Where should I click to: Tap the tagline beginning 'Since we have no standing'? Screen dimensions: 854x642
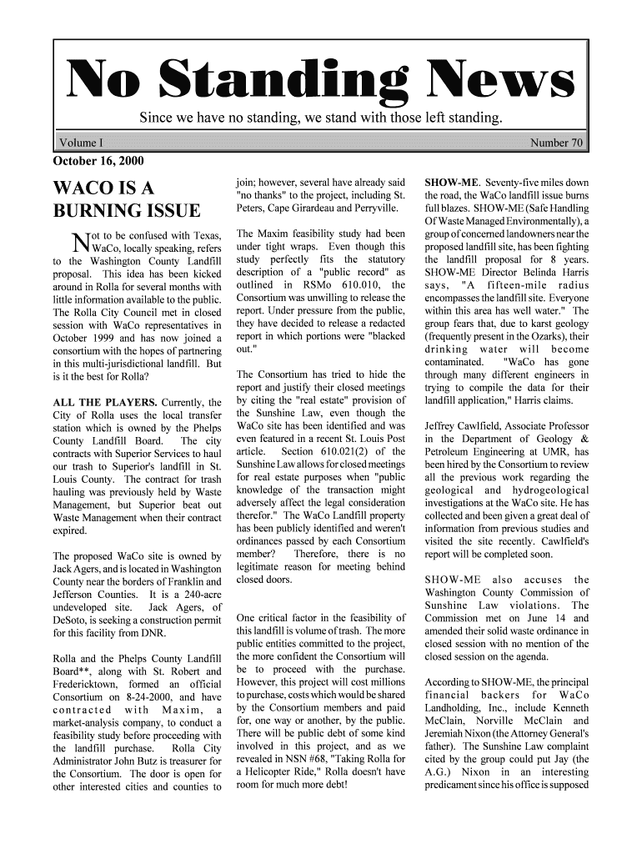[x=320, y=116]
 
